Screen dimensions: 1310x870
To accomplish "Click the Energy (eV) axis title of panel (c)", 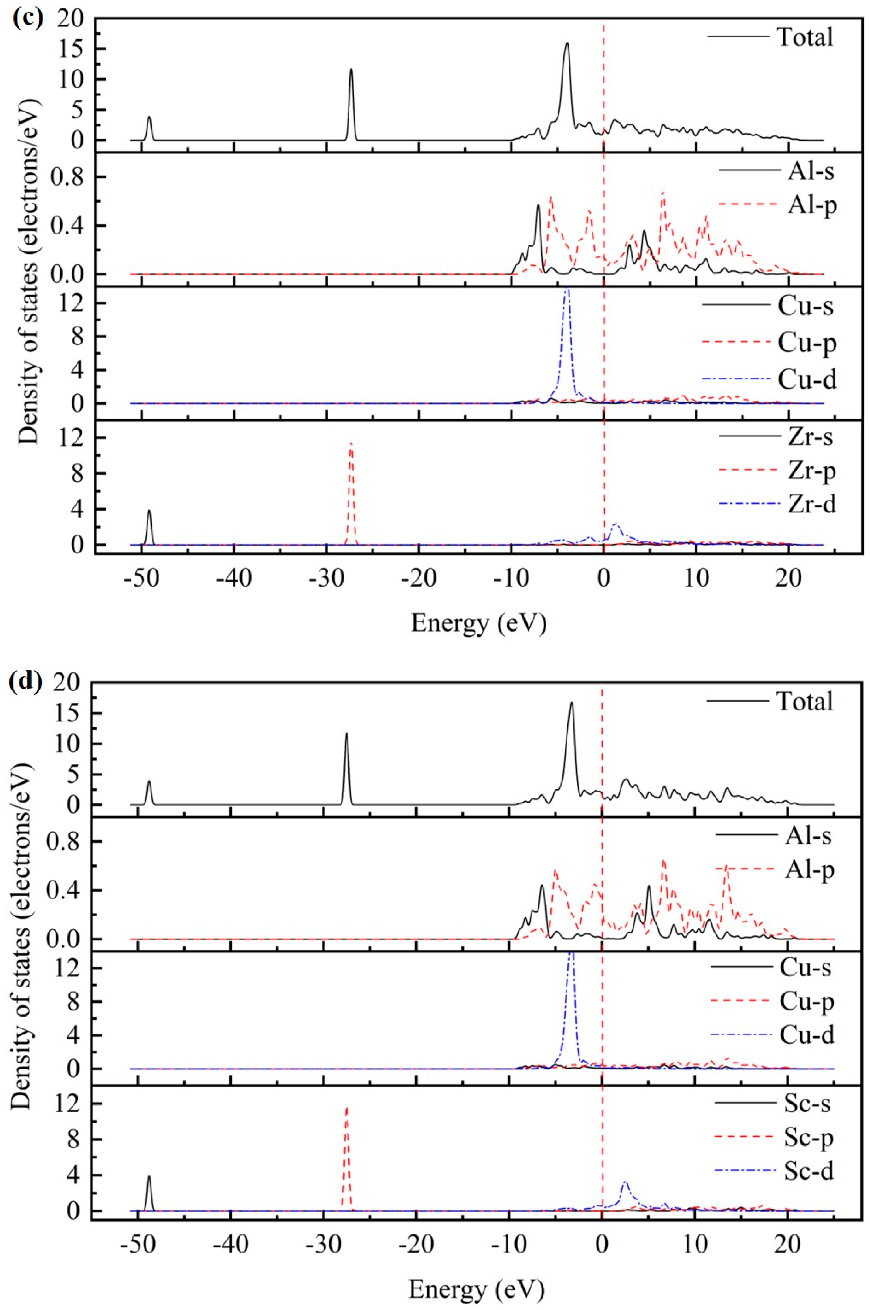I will pos(478,624).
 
